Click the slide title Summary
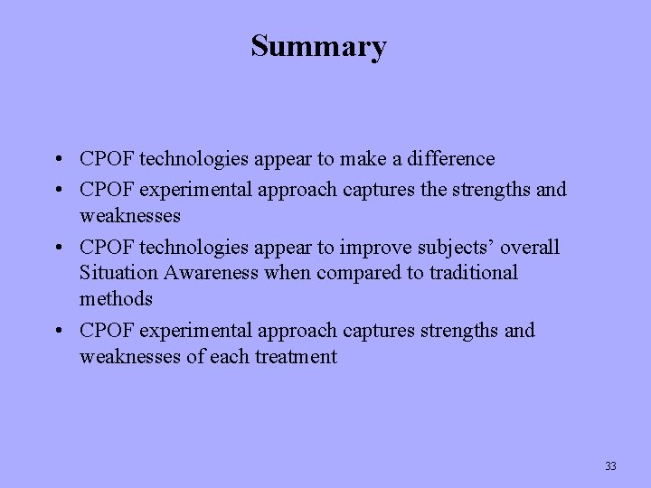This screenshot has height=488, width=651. point(318,46)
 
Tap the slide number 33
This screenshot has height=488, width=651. point(610,466)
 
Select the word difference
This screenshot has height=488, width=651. point(449,159)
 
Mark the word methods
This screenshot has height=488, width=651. point(116,299)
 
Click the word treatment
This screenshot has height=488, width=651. point(296,357)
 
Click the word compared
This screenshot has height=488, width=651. point(349,273)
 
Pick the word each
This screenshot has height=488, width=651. point(230,357)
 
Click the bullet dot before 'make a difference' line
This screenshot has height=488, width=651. point(56,160)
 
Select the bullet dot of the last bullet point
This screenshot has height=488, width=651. point(56,332)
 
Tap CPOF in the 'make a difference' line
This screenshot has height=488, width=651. point(105,159)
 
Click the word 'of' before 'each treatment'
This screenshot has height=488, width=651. point(195,357)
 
